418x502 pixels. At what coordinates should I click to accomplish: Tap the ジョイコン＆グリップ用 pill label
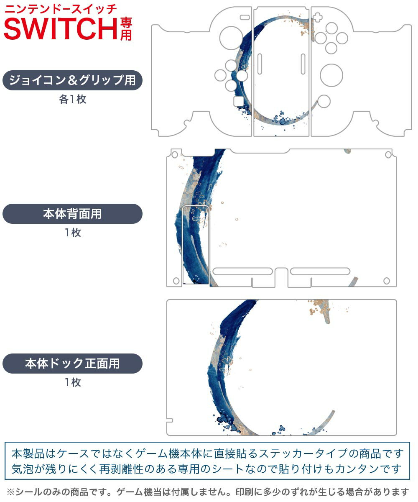tap(72, 80)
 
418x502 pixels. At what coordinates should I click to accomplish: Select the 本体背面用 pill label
tap(72, 214)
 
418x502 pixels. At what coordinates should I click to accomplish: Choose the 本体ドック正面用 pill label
tap(72, 363)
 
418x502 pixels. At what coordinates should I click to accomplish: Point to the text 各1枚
tap(72, 100)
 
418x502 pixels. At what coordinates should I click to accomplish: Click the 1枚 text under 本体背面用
tap(72, 233)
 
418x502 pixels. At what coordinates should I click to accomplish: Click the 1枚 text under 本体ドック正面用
tap(72, 382)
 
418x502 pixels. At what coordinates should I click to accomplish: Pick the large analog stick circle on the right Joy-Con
tap(331, 75)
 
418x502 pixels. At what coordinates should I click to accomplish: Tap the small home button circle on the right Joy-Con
tap(324, 100)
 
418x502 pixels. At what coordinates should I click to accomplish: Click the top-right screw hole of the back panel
tap(387, 155)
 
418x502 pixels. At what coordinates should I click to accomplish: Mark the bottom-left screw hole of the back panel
tap(176, 281)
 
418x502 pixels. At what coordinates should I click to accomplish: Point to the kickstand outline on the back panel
tap(196, 245)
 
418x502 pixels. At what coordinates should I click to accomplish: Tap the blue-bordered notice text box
tap(208, 460)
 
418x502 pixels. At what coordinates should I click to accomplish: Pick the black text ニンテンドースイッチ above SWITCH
tap(61, 8)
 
